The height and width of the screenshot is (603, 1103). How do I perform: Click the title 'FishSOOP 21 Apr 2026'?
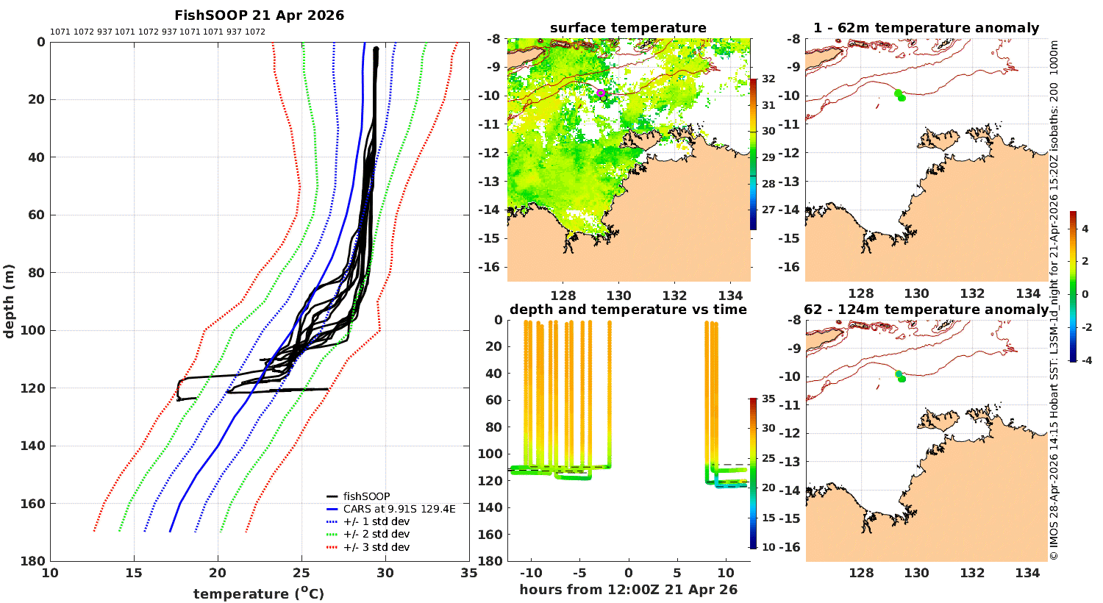(x=259, y=15)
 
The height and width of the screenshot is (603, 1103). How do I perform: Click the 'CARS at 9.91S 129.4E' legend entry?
(x=399, y=509)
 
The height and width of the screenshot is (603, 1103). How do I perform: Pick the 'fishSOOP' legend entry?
(x=366, y=496)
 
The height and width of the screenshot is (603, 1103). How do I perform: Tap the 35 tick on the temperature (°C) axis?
(x=468, y=573)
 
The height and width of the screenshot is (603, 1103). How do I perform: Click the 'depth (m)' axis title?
(x=10, y=301)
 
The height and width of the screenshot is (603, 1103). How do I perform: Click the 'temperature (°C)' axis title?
(x=259, y=593)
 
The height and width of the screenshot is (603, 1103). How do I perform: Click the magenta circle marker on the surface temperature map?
(x=601, y=93)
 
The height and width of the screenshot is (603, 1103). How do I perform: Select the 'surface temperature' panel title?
(x=628, y=28)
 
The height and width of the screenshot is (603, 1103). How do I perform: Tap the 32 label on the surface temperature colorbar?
(x=768, y=79)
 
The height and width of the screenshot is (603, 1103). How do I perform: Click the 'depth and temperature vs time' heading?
(x=628, y=310)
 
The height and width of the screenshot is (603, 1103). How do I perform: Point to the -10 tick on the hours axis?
(x=530, y=573)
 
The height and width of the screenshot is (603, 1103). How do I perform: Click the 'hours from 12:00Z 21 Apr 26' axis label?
(x=628, y=590)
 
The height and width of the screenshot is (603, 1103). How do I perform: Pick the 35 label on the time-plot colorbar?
(x=768, y=399)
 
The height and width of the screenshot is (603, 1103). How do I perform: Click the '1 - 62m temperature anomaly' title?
(x=926, y=28)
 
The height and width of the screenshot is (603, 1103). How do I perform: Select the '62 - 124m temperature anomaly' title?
(x=926, y=310)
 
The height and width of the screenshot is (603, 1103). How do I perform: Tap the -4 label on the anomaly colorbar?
(x=1085, y=360)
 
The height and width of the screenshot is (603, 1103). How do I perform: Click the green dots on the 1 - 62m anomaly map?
(x=899, y=95)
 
